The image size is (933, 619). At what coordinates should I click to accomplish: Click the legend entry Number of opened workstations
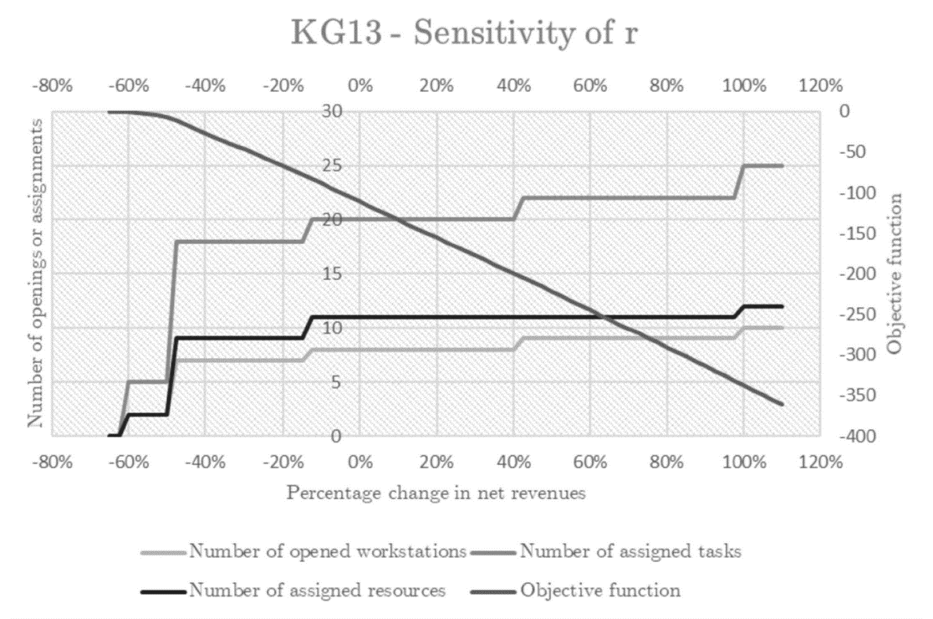[x=327, y=551]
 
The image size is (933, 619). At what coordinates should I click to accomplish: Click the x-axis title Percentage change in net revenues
[x=436, y=493]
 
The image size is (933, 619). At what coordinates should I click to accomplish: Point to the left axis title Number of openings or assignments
[x=35, y=273]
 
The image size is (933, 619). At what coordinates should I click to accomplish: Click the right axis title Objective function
[x=894, y=273]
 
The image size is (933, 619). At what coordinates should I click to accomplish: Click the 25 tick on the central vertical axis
[x=333, y=166]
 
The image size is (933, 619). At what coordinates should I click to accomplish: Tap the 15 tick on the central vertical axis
[x=333, y=274]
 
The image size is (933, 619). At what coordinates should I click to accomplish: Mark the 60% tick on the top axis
[x=591, y=85]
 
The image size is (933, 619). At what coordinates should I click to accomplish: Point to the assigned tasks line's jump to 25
[x=740, y=182]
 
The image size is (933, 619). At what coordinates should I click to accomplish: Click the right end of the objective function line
[x=782, y=404]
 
